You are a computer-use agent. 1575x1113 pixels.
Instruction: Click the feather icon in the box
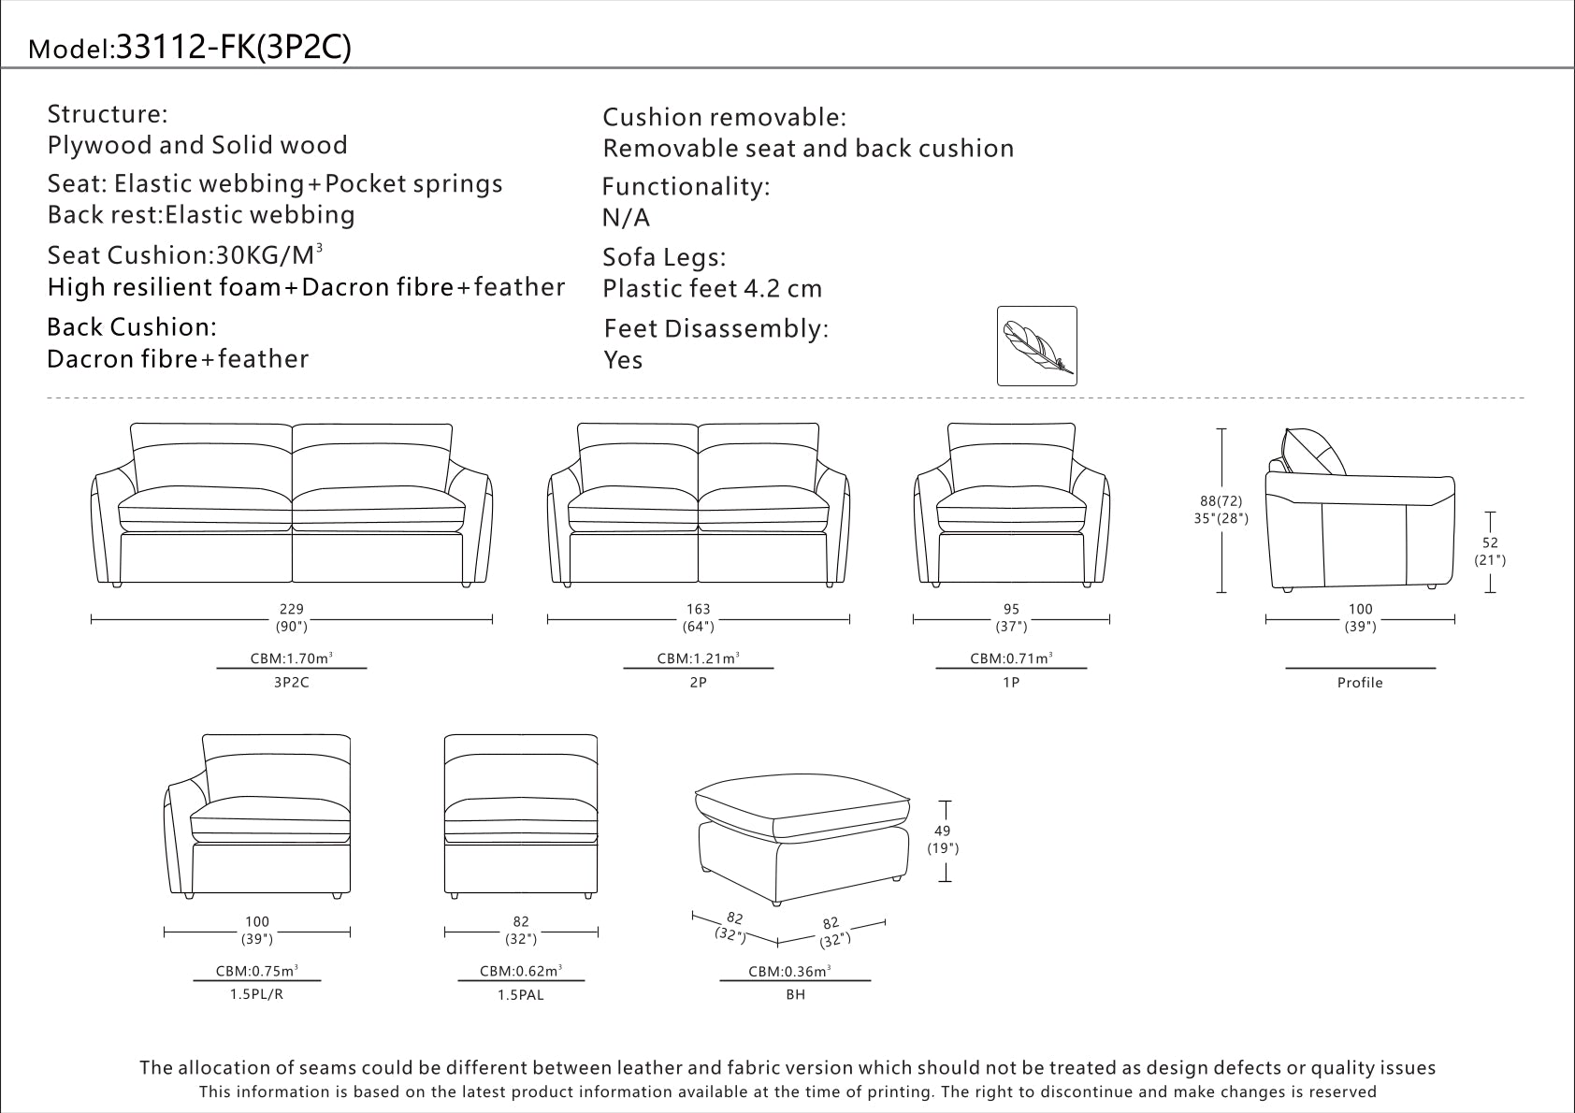click(1036, 346)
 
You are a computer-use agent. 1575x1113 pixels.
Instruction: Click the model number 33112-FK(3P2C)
click(232, 48)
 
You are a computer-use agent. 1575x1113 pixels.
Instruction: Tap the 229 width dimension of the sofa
click(291, 609)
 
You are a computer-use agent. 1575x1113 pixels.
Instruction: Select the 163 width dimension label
click(698, 609)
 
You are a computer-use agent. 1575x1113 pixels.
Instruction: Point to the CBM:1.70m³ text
click(291, 658)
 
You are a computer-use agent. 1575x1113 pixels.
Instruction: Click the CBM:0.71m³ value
click(1011, 658)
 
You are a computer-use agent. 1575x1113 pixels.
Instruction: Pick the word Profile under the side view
click(1359, 683)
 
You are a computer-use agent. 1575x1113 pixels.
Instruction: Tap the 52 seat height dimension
click(1490, 542)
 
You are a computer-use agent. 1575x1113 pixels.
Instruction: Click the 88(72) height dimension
click(1221, 501)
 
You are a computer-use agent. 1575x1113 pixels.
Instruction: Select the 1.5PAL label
click(521, 995)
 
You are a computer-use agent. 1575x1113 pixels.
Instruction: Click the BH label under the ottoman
click(795, 994)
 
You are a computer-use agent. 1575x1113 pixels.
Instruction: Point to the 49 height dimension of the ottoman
click(942, 831)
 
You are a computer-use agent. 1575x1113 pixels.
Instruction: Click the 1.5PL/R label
click(256, 994)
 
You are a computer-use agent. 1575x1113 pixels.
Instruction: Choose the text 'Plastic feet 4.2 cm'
click(712, 289)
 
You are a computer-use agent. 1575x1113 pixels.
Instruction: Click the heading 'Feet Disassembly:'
click(715, 329)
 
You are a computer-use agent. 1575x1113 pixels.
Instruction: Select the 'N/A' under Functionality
click(626, 218)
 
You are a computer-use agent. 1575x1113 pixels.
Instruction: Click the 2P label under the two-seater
click(698, 683)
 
